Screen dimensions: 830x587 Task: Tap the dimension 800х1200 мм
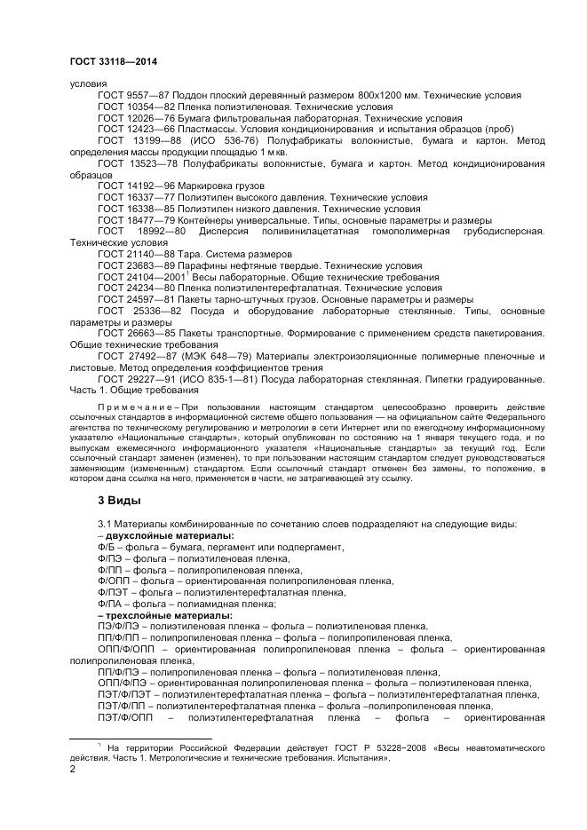click(x=390, y=95)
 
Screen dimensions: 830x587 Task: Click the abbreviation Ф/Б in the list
click(x=106, y=547)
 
